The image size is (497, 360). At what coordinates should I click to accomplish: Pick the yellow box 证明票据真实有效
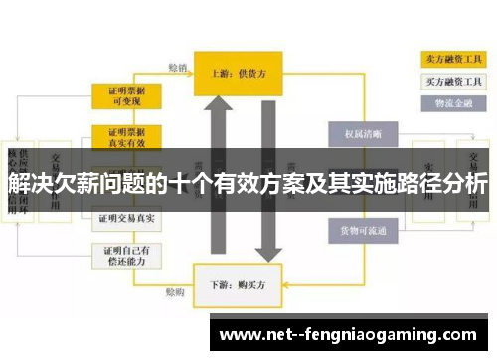click(x=127, y=137)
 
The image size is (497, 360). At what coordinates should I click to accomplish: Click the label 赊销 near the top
click(x=177, y=68)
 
